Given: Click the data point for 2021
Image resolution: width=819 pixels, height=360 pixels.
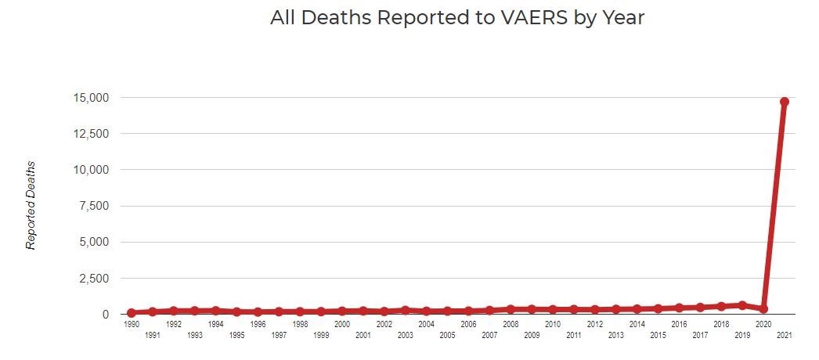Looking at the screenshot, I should click(784, 102).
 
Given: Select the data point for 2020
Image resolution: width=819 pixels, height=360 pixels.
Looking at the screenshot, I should click(763, 308).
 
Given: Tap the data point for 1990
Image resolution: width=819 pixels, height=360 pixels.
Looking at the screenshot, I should click(132, 312).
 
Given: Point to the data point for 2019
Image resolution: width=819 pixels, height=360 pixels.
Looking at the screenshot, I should click(742, 305).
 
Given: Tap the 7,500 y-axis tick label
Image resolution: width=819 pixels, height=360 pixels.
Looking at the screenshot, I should click(96, 206).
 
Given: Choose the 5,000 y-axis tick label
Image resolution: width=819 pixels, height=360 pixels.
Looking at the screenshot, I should click(96, 242).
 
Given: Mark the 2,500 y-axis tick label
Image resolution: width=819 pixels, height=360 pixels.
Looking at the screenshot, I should click(96, 279).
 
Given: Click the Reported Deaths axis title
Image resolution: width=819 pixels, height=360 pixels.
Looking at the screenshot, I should click(31, 206).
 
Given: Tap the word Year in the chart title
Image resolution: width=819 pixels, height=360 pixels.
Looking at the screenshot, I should click(622, 18).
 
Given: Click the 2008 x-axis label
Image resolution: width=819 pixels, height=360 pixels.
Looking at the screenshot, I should click(511, 324).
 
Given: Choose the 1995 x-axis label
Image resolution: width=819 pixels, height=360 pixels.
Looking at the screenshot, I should click(237, 335).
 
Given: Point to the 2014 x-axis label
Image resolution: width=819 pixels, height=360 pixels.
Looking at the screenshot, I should click(637, 324).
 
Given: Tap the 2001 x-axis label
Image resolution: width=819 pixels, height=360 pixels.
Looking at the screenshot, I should click(363, 335).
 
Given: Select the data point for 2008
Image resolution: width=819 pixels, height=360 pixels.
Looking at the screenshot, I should click(511, 309).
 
